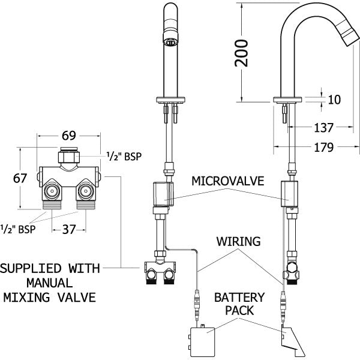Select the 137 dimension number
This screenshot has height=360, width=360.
click(323, 127)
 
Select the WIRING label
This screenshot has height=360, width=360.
click(239, 242)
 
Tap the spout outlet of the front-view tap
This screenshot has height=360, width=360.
click(170, 42)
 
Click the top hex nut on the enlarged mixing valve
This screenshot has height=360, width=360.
click(67, 158)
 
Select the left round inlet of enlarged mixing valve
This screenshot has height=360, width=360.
click(52, 192)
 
